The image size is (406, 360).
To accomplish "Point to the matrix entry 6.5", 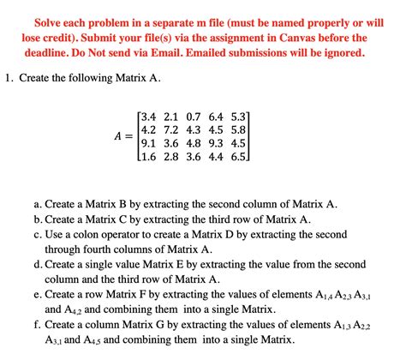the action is (x=237, y=158).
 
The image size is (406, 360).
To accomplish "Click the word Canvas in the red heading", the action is (x=292, y=38).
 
